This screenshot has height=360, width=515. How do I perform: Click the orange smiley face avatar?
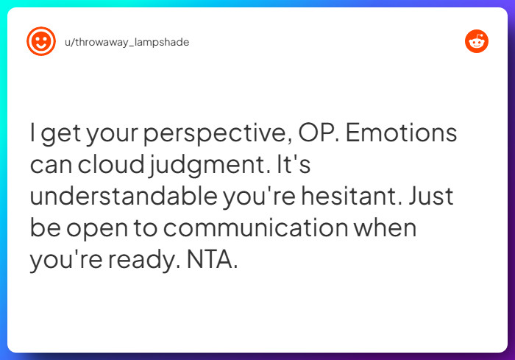pyautogui.click(x=40, y=42)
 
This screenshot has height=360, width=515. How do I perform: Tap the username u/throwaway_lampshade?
pyautogui.click(x=127, y=43)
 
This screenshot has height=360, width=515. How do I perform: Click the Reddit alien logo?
pyautogui.click(x=477, y=42)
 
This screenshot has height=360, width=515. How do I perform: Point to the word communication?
pyautogui.click(x=255, y=228)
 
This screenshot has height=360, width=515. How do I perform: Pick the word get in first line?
pyautogui.click(x=63, y=135)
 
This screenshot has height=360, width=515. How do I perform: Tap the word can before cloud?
pyautogui.click(x=50, y=166)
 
